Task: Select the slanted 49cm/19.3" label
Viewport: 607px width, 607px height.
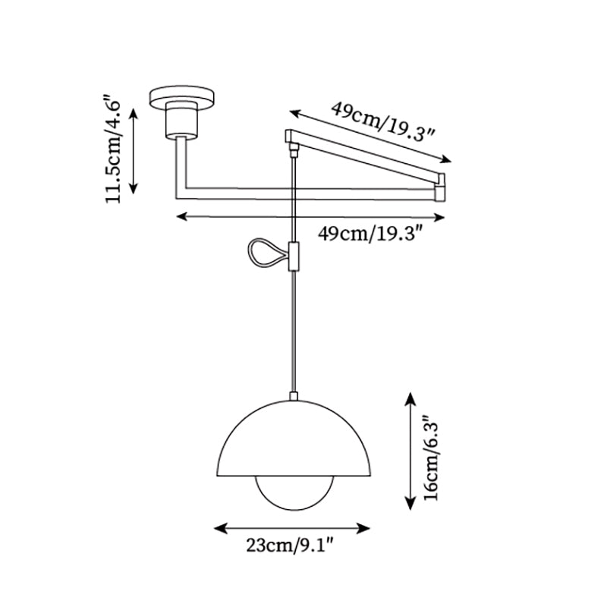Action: pyautogui.click(x=382, y=120)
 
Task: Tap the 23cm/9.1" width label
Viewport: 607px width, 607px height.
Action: pyautogui.click(x=291, y=544)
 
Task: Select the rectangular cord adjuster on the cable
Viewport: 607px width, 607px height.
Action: pyautogui.click(x=294, y=256)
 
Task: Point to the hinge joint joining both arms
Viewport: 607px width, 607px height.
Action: pyautogui.click(x=442, y=187)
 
